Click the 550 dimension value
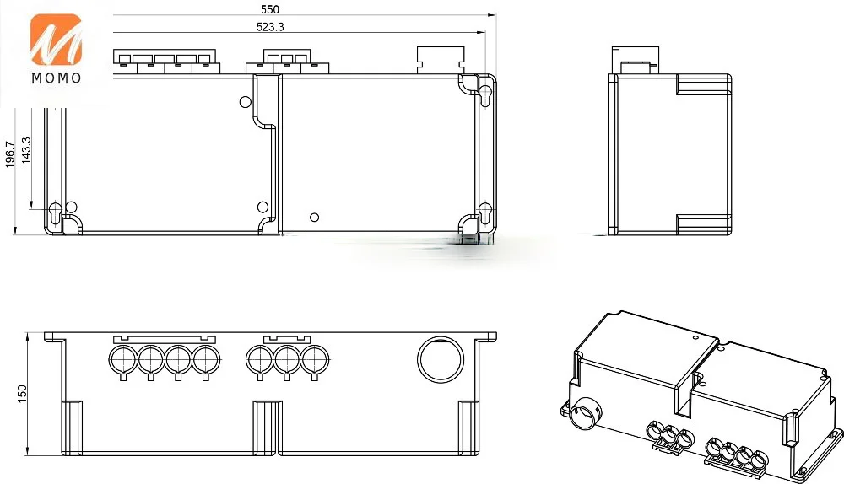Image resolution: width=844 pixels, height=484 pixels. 270,9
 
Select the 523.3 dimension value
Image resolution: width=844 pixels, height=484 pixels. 270,26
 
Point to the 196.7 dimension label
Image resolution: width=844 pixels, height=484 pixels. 9,155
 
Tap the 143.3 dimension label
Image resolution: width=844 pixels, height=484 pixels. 26,151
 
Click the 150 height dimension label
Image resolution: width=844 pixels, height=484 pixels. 22,393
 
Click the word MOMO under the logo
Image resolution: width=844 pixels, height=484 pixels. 57,78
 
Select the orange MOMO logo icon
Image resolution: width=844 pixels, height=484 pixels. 56,39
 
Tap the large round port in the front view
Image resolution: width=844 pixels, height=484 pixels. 441,360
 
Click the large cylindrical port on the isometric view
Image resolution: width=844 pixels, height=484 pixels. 585,412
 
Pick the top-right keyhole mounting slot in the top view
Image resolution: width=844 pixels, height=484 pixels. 485,94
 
